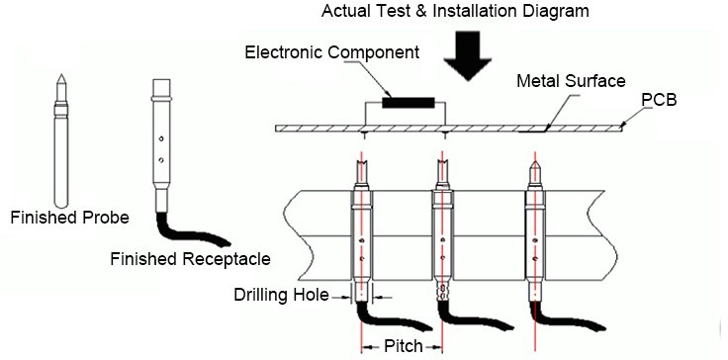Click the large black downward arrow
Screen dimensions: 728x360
(x=468, y=55)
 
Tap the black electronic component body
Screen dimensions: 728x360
(x=409, y=103)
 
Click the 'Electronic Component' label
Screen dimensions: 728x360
(x=332, y=52)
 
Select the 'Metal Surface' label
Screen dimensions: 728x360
(x=571, y=81)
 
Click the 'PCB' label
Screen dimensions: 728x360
(x=659, y=100)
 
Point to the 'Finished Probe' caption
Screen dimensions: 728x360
(x=69, y=217)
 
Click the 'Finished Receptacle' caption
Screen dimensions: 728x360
(x=190, y=259)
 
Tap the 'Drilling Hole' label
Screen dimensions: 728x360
(x=281, y=295)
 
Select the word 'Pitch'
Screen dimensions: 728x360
(x=403, y=346)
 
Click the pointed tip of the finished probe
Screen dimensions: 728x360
(x=60, y=74)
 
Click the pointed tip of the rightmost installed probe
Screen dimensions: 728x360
(x=535, y=162)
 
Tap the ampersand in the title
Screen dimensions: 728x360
(x=421, y=10)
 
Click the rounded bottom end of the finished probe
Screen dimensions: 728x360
(x=60, y=205)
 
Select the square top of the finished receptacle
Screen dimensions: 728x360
(x=161, y=86)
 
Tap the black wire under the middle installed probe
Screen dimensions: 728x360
(x=474, y=318)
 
